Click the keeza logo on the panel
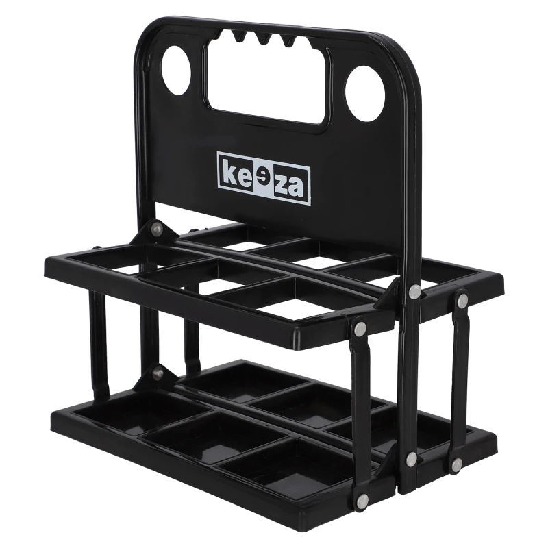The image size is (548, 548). click(264, 178)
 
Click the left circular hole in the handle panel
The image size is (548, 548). click(177, 70)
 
